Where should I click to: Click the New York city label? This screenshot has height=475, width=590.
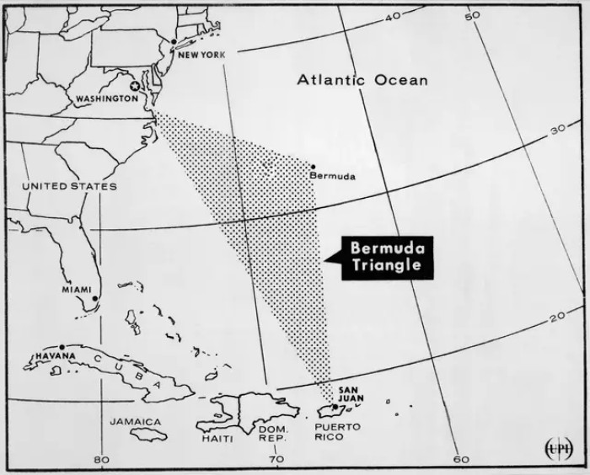203,56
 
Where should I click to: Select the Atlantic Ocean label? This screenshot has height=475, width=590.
362,81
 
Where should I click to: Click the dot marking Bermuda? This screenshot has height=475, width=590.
313,167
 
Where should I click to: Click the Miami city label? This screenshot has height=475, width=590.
76,290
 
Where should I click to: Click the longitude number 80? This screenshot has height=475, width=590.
102,460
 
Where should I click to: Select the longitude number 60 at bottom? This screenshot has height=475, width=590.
460,460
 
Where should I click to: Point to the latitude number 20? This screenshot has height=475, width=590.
556,317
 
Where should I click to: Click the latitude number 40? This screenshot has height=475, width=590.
391,17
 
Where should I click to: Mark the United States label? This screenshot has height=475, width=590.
69,185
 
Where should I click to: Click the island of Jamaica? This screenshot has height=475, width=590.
148,433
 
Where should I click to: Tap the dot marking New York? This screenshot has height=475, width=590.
174,41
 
